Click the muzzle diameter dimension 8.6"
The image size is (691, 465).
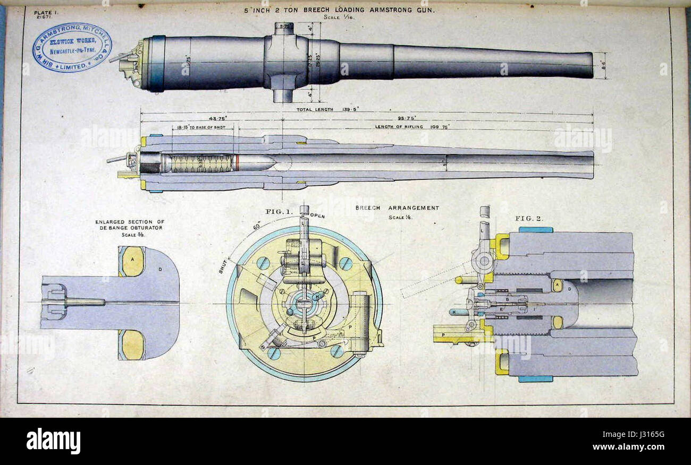click(x=604, y=65)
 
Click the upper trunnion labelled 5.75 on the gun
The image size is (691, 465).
click(x=284, y=28)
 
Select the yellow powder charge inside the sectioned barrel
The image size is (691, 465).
click(x=201, y=163)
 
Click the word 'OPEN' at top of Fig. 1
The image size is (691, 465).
click(x=317, y=216)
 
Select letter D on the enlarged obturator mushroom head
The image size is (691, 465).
click(x=159, y=269)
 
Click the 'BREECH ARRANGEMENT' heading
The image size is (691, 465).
click(x=397, y=208)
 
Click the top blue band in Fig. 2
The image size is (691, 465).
click(x=535, y=230)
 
